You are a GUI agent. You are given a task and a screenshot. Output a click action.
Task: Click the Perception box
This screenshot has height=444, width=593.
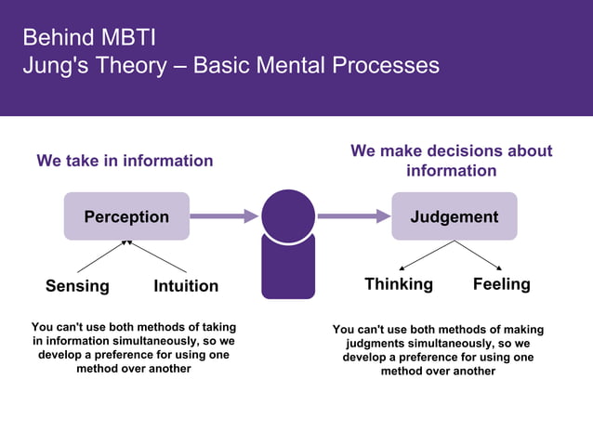(126, 216)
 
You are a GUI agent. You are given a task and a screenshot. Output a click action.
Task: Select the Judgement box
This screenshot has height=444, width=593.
(454, 216)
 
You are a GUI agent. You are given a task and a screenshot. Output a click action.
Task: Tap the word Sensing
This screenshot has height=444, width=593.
(77, 286)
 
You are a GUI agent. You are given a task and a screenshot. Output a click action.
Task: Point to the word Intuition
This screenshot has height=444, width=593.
(186, 286)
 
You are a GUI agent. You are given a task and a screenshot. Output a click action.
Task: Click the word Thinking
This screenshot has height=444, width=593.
(398, 284)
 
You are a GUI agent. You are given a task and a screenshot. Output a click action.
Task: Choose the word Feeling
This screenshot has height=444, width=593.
(501, 284)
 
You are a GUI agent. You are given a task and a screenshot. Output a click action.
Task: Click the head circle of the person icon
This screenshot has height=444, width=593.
(288, 215)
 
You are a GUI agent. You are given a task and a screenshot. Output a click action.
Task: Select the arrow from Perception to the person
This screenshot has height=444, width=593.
(223, 216)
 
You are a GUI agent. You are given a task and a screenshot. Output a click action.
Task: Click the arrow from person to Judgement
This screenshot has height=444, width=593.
(353, 216)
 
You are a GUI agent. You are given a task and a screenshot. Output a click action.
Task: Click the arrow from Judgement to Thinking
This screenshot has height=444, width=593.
(427, 255)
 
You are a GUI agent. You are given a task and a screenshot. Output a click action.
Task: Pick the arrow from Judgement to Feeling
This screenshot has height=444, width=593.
(479, 255)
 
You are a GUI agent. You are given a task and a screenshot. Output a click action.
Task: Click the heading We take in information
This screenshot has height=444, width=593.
(125, 161)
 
